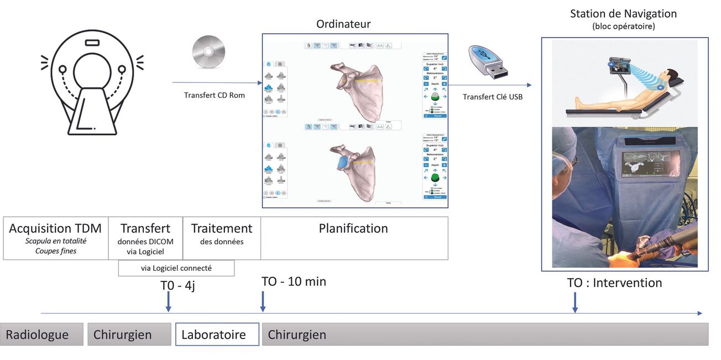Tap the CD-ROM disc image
coord(208,53)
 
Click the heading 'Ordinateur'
coord(343,24)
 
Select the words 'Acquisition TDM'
coord(55,228)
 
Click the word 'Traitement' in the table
coord(221,228)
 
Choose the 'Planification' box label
coord(353,228)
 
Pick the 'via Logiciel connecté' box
coord(176,268)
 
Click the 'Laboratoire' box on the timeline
coord(217,335)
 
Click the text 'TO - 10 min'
coord(294,281)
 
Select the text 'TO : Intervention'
coord(614,283)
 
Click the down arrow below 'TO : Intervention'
coord(575,303)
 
